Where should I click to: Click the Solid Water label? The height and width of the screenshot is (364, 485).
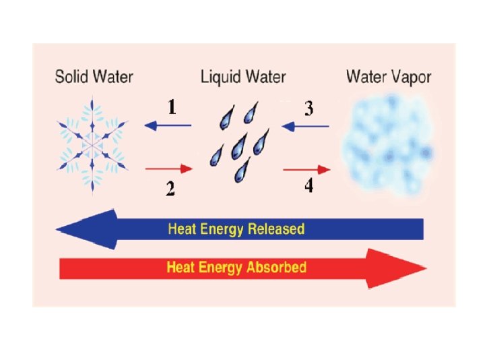94,76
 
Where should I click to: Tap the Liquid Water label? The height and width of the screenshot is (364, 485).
243,76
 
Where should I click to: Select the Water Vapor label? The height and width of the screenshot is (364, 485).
389,76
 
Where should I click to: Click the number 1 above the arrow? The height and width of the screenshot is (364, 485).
173,108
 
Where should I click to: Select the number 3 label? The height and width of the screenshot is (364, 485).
309,108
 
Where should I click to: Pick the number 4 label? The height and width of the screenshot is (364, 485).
308,185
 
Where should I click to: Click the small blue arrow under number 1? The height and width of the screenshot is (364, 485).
168,125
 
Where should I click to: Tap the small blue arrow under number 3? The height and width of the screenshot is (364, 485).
306,125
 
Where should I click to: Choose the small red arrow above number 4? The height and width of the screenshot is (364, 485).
306,169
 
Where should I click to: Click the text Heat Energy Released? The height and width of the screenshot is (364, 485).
236,229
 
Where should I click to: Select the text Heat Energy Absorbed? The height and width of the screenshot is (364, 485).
236,268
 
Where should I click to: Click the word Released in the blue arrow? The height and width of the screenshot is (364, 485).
276,229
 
